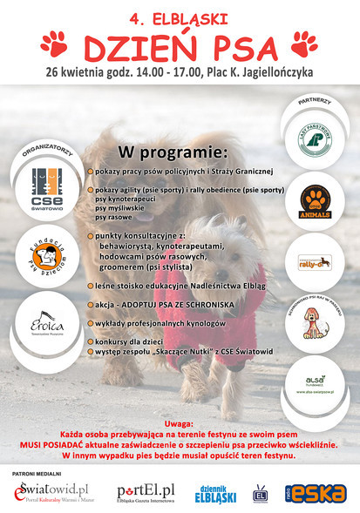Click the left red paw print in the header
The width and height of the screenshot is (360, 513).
pos(54,42)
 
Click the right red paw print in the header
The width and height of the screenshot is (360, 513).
pos(304,42)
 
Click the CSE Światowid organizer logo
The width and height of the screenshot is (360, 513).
pos(41,183)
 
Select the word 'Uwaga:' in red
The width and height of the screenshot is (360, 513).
pos(180,420)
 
